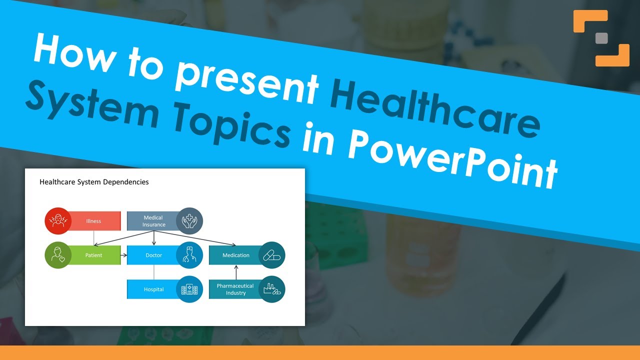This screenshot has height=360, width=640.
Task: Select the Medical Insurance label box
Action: coord(153,221)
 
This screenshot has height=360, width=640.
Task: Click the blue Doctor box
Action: coord(153,255)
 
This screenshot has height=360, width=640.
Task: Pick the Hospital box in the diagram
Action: coord(153,289)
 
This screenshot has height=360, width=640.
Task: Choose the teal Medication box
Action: coord(235,255)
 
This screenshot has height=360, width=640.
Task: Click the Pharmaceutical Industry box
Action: coord(235,289)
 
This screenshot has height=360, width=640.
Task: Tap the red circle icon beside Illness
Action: coord(58,221)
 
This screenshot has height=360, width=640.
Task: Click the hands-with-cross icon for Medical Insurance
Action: coord(189,221)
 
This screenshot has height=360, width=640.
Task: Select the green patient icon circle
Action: coord(58,255)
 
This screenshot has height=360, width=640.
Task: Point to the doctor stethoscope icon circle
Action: coord(189,255)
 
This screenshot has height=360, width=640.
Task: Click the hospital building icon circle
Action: coord(189,289)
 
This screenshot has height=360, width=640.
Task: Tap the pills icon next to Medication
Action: coord(271,255)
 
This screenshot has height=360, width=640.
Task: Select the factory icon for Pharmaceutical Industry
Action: coord(271,289)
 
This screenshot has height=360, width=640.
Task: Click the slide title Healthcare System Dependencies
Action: coord(94,182)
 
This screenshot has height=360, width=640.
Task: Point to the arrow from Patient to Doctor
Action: coord(123,255)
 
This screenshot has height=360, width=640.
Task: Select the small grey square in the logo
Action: coord(601,38)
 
